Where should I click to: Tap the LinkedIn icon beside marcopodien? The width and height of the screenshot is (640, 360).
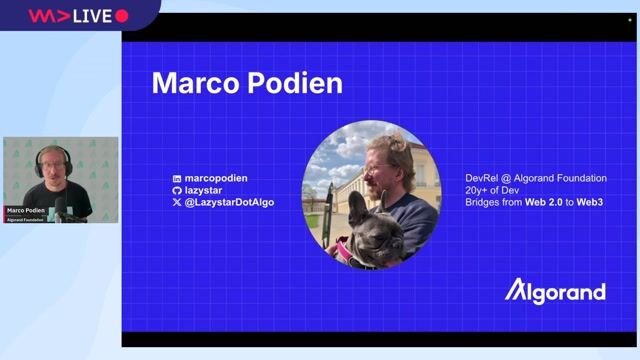pyautogui.click(x=177, y=178)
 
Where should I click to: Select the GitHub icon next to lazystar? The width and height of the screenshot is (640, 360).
pyautogui.click(x=177, y=190)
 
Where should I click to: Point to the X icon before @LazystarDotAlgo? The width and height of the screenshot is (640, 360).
pyautogui.click(x=177, y=202)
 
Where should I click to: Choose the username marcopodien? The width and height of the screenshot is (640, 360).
pyautogui.click(x=216, y=178)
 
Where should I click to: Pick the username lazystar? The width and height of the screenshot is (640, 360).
pyautogui.click(x=206, y=190)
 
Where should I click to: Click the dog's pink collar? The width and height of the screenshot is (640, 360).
pyautogui.click(x=343, y=245)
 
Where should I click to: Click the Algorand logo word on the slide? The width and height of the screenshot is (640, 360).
pyautogui.click(x=555, y=291)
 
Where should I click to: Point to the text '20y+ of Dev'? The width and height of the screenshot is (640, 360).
pyautogui.click(x=493, y=190)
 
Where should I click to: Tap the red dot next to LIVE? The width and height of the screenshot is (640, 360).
pyautogui.click(x=122, y=15)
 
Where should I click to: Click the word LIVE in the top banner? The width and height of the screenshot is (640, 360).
pyautogui.click(x=93, y=15)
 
